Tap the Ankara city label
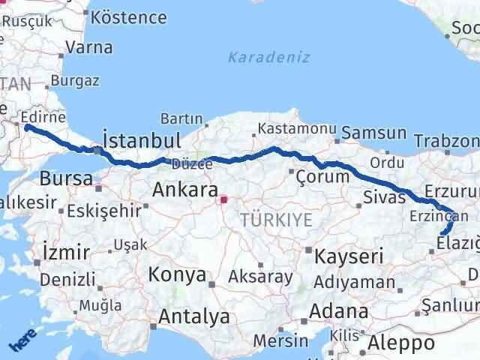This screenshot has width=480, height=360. coord(185,190)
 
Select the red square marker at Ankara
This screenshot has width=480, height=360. coord(223,199)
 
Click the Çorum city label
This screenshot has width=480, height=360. coord(322,177)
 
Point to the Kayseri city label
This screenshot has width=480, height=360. coord(349,256)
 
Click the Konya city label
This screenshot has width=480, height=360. coord(177,274)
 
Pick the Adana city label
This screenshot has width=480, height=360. coord(340,310)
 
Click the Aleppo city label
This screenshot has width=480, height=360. coord(402,343)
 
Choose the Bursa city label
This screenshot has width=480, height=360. coord(66,178)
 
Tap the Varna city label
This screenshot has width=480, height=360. coord(89,47)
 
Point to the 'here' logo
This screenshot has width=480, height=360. coord(22,342)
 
